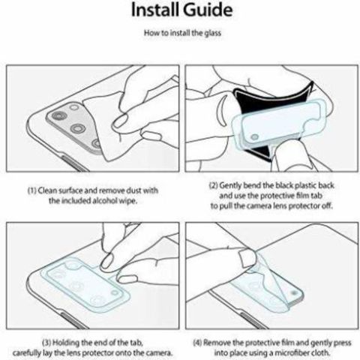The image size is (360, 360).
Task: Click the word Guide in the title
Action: (x=208, y=10)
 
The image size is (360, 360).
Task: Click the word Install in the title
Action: (x=155, y=10)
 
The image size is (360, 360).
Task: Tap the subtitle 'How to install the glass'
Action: (x=182, y=33)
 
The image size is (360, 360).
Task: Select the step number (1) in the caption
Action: (x=32, y=190)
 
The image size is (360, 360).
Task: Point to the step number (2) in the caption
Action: (x=214, y=185)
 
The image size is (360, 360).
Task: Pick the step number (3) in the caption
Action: (x=46, y=342)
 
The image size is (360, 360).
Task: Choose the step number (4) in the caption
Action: (x=197, y=343)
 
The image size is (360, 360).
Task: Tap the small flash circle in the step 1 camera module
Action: (x=74, y=108)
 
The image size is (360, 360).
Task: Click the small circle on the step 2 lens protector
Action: (x=254, y=137)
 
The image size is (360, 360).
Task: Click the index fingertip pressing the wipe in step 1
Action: (x=119, y=122)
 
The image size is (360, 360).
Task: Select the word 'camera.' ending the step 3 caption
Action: (x=160, y=353)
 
